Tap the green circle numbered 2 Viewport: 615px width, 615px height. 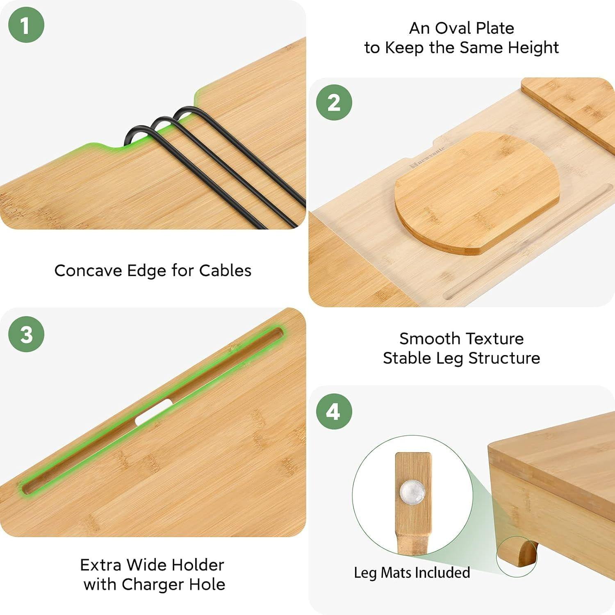click(334, 102)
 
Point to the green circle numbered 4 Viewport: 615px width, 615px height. click(334, 412)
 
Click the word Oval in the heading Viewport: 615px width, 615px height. click(454, 28)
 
